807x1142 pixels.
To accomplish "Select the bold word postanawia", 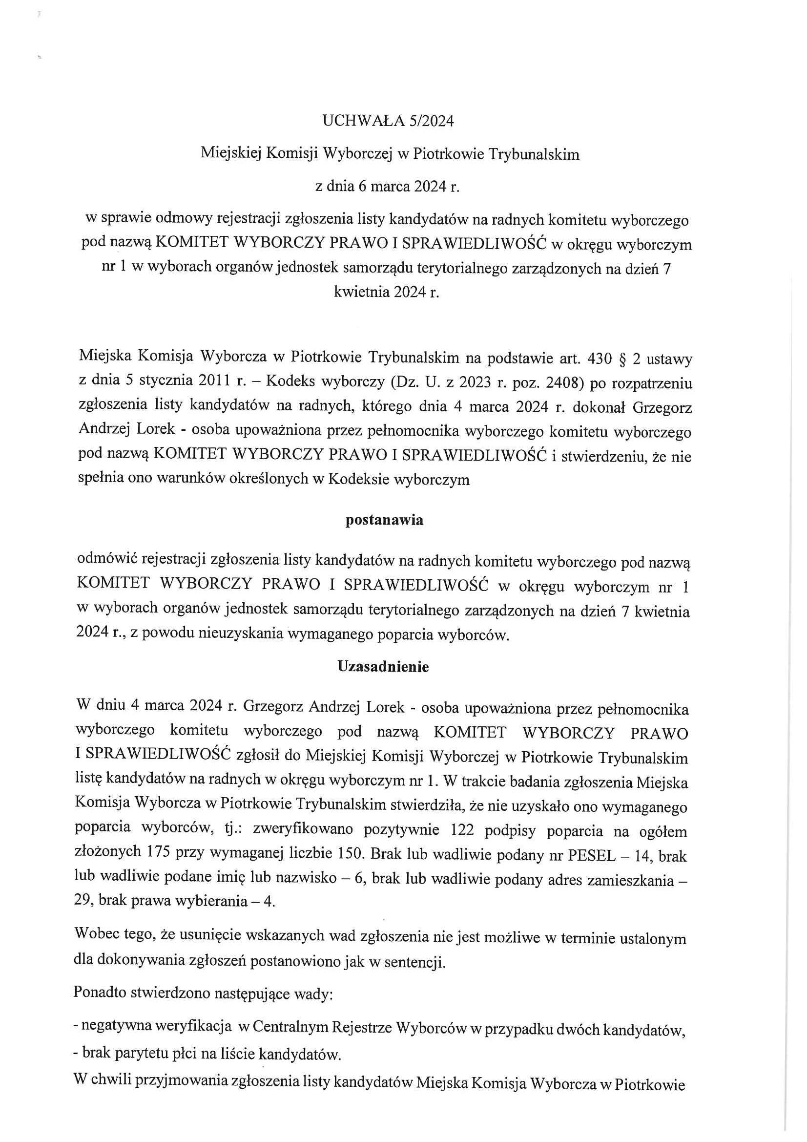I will [x=384, y=520].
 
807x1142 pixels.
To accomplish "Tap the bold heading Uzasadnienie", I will [x=383, y=667].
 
